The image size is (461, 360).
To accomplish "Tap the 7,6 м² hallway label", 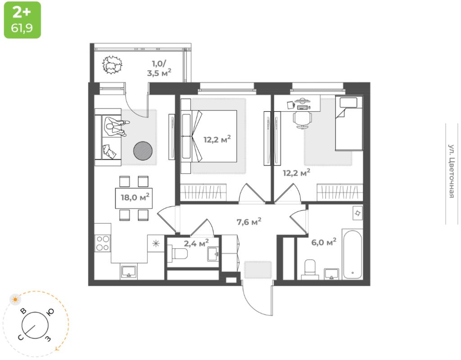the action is pyautogui.click(x=249, y=221).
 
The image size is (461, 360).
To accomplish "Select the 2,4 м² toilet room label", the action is pyautogui.click(x=196, y=243).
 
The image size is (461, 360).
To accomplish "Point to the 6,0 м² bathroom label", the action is pyautogui.click(x=324, y=242).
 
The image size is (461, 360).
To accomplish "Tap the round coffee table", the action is pyautogui.click(x=143, y=150).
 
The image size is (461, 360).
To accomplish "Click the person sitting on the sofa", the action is pyautogui.click(x=117, y=127).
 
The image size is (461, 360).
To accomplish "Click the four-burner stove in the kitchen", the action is pyautogui.click(x=103, y=243).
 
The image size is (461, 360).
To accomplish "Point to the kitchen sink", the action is pyautogui.click(x=128, y=270).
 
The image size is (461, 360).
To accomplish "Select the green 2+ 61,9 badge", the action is pyautogui.click(x=23, y=20).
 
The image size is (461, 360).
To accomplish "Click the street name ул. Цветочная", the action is pyautogui.click(x=452, y=171).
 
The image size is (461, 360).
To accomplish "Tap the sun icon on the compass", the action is pyautogui.click(x=15, y=300).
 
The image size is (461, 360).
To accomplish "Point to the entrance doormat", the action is pyautogui.click(x=258, y=269).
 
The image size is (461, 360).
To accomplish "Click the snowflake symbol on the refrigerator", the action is pyautogui.click(x=156, y=243).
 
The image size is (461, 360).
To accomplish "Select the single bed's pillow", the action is pyautogui.click(x=348, y=102).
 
